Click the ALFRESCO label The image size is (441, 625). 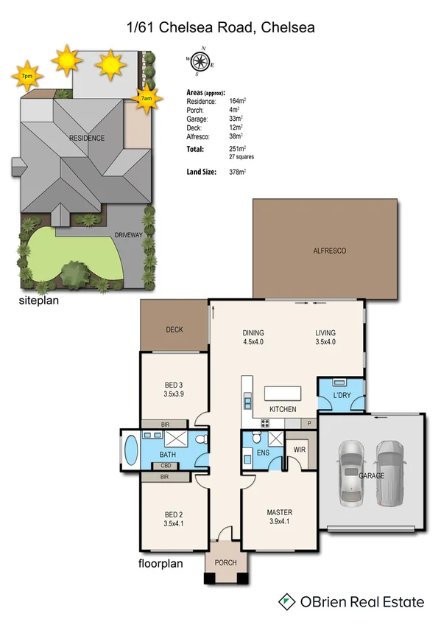[329, 251]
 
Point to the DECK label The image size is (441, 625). [174, 330]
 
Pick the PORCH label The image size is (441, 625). [225, 563]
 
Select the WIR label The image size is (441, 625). [300, 450]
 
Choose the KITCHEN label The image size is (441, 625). [283, 409]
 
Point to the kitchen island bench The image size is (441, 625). [284, 391]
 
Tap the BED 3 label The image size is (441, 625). [174, 383]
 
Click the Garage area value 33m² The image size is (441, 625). [237, 119]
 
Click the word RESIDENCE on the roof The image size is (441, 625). [86, 138]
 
